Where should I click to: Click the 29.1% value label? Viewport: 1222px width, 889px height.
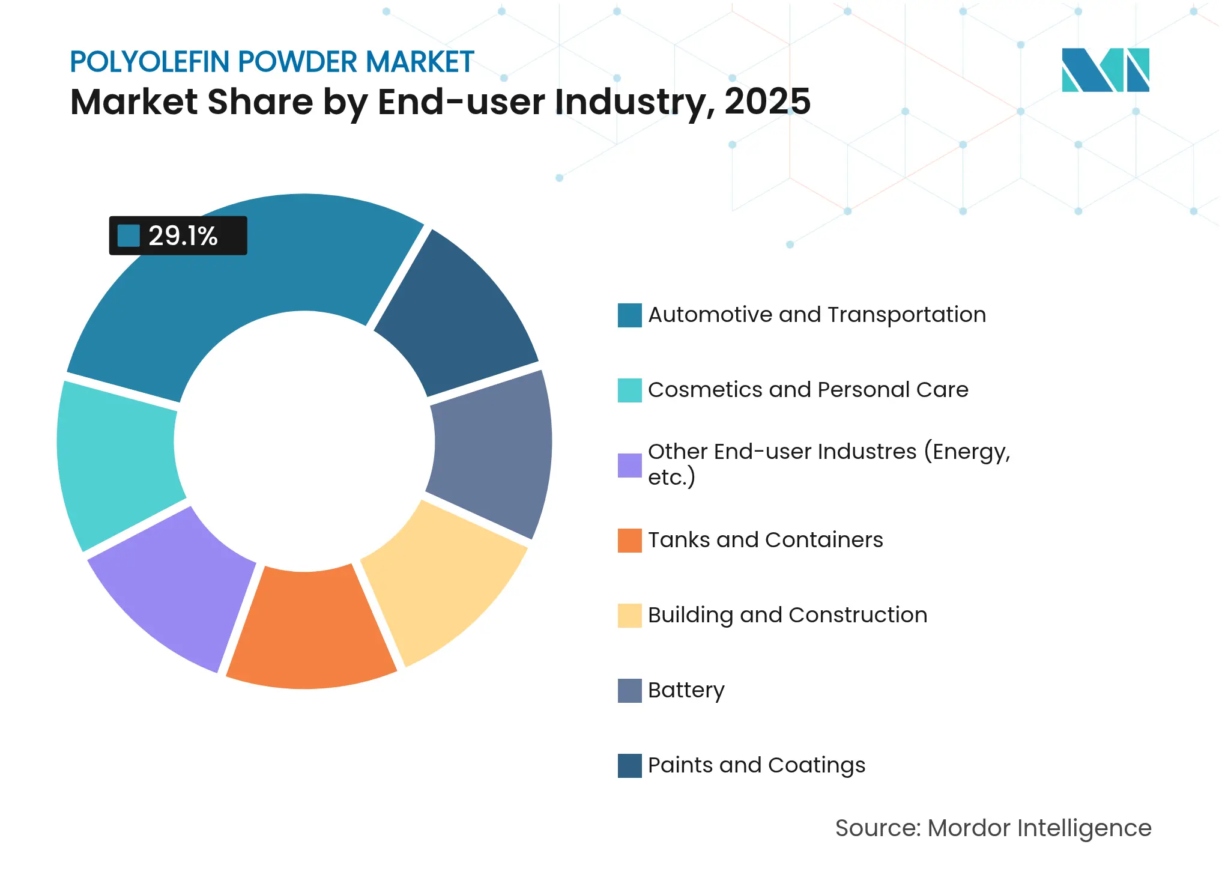tap(182, 235)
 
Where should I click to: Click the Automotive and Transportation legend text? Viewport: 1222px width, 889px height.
tap(817, 315)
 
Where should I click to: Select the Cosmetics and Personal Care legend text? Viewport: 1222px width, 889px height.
tap(808, 390)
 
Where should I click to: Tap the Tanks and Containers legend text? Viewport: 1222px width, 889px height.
tap(765, 540)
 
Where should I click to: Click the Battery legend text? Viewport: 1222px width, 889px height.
tap(686, 690)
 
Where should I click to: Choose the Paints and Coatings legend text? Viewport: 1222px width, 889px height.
tap(756, 765)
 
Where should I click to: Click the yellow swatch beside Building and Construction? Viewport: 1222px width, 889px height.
tap(629, 615)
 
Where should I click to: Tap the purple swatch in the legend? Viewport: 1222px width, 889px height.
tap(629, 465)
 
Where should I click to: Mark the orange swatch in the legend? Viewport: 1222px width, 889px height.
tap(629, 540)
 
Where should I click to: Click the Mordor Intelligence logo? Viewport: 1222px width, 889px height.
tap(1105, 70)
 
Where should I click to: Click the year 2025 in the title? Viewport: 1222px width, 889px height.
tap(767, 102)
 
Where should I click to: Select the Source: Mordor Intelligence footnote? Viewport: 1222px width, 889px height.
tap(993, 828)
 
